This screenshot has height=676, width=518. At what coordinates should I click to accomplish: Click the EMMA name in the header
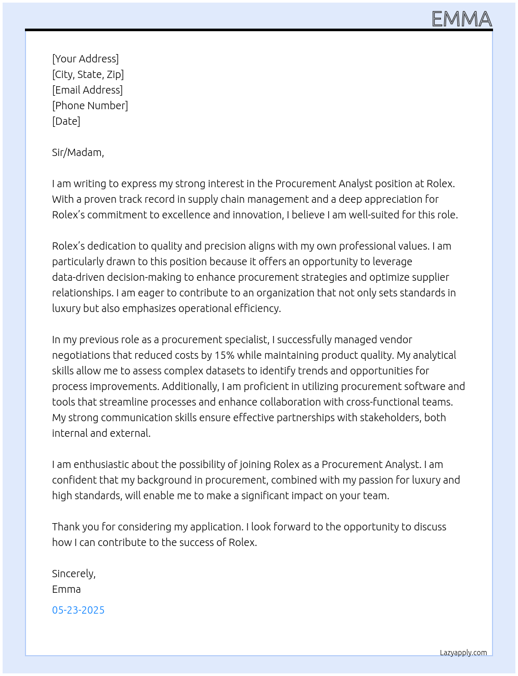pos(462,19)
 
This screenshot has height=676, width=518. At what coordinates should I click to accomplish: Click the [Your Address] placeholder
pos(85,59)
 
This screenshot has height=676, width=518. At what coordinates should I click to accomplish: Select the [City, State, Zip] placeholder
pos(88,74)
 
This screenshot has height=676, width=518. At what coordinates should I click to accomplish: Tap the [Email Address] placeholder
pos(87,90)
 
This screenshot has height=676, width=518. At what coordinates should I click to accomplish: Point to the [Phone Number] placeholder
pos(90,106)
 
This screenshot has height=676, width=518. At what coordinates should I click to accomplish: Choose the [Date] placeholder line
pos(66,121)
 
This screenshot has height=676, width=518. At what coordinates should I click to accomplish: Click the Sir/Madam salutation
pos(78,152)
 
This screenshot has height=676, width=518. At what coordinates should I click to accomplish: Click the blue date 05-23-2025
pos(78,610)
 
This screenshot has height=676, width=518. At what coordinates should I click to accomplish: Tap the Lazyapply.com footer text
pos(463,653)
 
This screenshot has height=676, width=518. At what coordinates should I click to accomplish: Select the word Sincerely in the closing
pos(73,574)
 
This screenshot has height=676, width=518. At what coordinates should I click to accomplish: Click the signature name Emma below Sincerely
pos(66,589)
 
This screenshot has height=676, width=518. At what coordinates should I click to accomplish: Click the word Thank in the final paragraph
pos(65,527)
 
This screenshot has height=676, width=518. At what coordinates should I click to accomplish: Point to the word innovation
pos(257,215)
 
